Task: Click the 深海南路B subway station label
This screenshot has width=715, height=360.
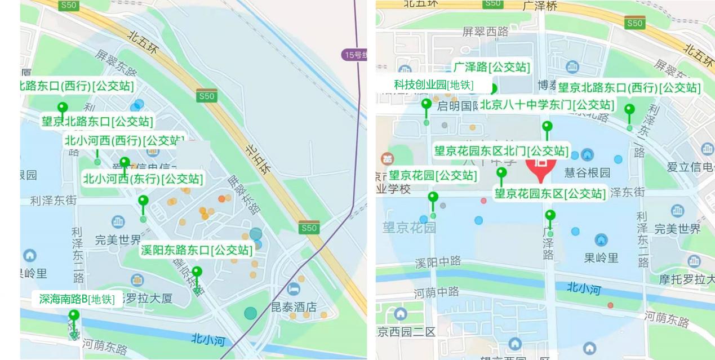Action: (77, 299)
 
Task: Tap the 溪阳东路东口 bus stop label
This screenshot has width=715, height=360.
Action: (196, 250)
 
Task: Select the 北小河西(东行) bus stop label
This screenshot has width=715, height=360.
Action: (143, 179)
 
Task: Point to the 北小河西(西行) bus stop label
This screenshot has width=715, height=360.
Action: (124, 140)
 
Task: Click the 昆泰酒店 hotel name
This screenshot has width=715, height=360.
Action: (294, 307)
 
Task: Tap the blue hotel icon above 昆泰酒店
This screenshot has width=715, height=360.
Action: (294, 289)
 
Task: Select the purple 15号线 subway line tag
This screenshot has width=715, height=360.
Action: (356, 55)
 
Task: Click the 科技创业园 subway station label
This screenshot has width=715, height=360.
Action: (433, 85)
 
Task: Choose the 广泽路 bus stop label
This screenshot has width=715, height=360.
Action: (491, 67)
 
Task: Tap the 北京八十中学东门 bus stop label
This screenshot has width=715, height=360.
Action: (547, 105)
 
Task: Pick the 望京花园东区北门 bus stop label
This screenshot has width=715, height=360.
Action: (501, 151)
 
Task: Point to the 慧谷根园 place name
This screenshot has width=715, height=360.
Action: (587, 172)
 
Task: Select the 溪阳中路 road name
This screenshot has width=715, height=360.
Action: (438, 262)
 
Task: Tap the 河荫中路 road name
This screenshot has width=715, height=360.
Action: (436, 292)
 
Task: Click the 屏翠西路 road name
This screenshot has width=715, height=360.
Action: (485, 32)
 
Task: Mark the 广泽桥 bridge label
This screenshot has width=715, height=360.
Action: (540, 6)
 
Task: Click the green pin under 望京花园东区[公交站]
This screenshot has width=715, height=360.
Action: (550, 216)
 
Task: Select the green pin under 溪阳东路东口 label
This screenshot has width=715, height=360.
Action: (197, 273)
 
